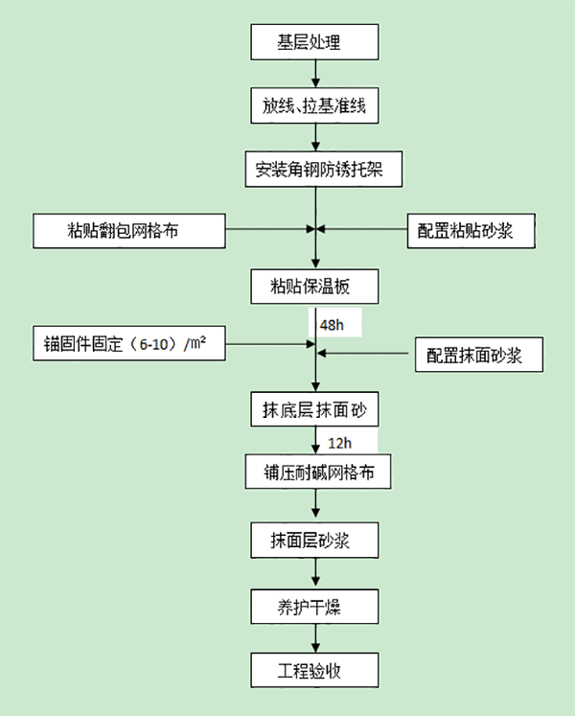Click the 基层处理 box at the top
(x=315, y=42)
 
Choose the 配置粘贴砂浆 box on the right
(x=470, y=230)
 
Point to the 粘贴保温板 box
(x=315, y=286)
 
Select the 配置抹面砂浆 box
(x=478, y=355)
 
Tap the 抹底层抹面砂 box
(x=315, y=409)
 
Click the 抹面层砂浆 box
(x=315, y=541)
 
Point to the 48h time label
(x=332, y=326)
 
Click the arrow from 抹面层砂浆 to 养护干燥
(x=315, y=573)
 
